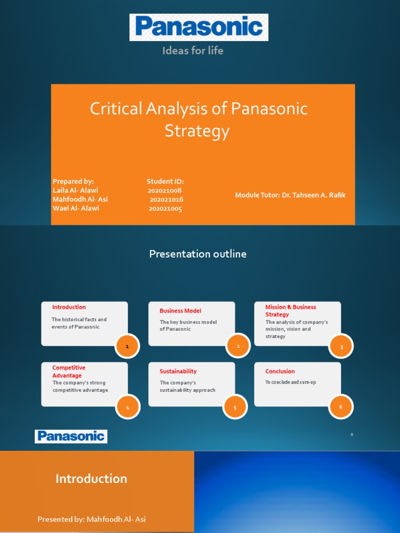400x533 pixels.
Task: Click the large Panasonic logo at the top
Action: [x=198, y=27]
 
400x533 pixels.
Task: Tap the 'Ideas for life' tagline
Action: [x=193, y=50]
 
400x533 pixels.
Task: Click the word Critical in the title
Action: [x=116, y=109]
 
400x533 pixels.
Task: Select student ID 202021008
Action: [x=165, y=191]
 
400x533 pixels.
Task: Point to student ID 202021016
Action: [x=166, y=199]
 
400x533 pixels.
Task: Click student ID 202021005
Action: [x=165, y=208]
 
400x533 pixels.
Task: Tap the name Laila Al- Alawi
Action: [x=76, y=191]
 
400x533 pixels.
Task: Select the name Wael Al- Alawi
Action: [x=76, y=208]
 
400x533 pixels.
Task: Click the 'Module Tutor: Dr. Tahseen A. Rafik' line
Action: [x=290, y=195]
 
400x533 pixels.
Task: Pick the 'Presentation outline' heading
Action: [x=198, y=254]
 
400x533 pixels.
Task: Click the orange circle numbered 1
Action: [x=127, y=346]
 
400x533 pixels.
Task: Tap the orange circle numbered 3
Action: [x=341, y=347]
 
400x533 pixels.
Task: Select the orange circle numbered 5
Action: [x=235, y=407]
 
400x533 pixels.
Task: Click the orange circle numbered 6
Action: [x=341, y=407]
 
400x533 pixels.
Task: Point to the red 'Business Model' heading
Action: [x=180, y=311]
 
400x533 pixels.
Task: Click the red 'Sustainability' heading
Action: [x=178, y=372]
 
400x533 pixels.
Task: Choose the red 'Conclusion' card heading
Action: [x=280, y=371]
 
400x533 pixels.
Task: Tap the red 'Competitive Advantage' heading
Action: [x=69, y=372]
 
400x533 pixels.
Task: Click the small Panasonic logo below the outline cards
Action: [x=71, y=437]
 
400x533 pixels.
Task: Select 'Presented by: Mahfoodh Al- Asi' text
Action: [x=92, y=519]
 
